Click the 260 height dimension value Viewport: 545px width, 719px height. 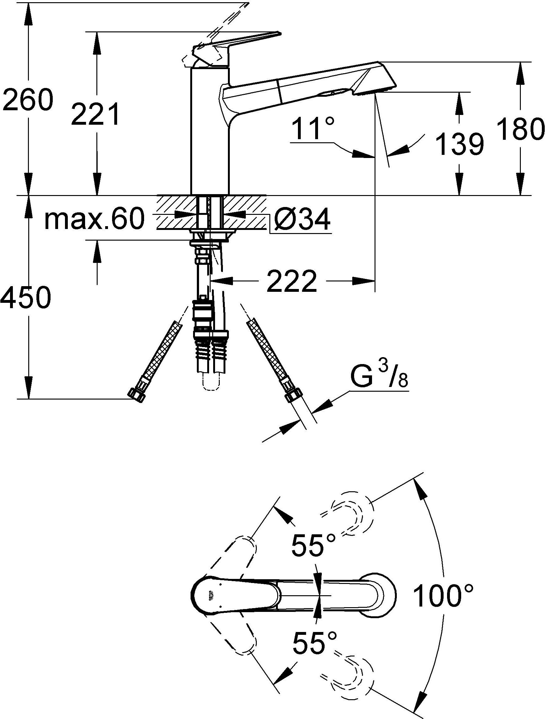(27, 99)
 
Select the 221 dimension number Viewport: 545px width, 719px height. (95, 114)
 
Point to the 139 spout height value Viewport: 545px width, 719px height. (459, 143)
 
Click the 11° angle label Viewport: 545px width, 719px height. (313, 129)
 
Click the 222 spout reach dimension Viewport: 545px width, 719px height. (291, 281)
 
